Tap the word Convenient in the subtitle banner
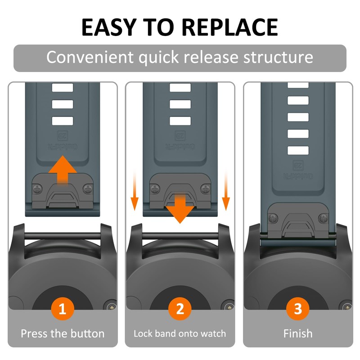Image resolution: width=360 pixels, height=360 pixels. pyautogui.click(x=90, y=58)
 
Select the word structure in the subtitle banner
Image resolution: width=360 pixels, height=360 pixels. pyautogui.click(x=278, y=58)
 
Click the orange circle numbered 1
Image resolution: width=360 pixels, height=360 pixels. pyautogui.click(x=63, y=309)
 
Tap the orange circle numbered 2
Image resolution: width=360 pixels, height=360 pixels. pyautogui.click(x=180, y=309)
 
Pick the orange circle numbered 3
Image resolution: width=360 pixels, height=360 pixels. pyautogui.click(x=297, y=309)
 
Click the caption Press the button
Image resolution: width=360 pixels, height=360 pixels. pyautogui.click(x=63, y=334)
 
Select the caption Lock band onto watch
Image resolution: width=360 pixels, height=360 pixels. pyautogui.click(x=180, y=334)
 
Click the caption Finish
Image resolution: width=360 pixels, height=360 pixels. pyautogui.click(x=297, y=334)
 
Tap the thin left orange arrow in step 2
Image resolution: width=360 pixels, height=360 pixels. pyautogui.click(x=134, y=191)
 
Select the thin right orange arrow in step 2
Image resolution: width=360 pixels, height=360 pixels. pyautogui.click(x=226, y=191)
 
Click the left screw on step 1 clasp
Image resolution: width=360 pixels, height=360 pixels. pyautogui.click(x=37, y=188)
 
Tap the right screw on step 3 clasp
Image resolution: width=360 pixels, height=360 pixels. pyautogui.click(x=323, y=218)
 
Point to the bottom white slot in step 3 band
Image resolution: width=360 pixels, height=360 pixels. pyautogui.click(x=297, y=150)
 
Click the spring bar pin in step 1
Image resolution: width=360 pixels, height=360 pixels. pyautogui.click(x=63, y=235)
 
